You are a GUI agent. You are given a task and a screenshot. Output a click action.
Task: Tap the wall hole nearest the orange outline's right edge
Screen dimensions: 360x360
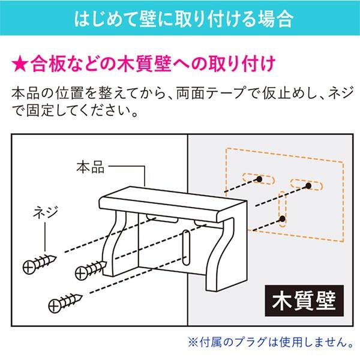coord(307,185)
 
